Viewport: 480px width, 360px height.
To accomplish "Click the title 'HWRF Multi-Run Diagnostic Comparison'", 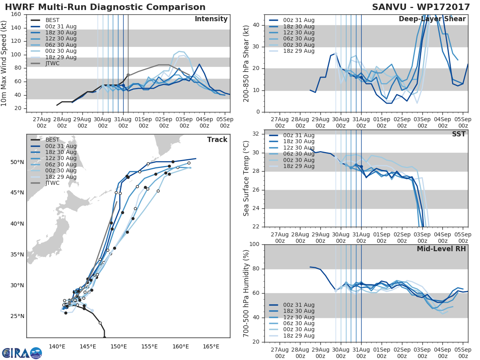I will click(x=105, y=7).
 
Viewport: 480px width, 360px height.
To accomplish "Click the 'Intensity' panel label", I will click(x=211, y=19).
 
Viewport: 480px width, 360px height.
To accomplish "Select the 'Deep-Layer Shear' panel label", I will click(x=432, y=19).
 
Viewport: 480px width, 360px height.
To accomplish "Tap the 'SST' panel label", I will click(x=459, y=134).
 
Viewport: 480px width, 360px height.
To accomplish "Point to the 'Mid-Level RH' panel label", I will click(x=441, y=249).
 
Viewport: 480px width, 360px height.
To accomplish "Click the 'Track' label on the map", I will click(x=217, y=140).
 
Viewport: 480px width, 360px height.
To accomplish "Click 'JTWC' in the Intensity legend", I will click(x=52, y=63).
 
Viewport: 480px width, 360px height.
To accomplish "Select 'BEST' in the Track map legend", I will click(x=52, y=140).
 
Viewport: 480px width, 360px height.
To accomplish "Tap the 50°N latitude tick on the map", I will click(x=17, y=162).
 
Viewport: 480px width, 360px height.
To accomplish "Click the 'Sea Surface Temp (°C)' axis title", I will click(x=246, y=178).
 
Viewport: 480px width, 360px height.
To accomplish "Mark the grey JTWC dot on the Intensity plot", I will click(x=128, y=75).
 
